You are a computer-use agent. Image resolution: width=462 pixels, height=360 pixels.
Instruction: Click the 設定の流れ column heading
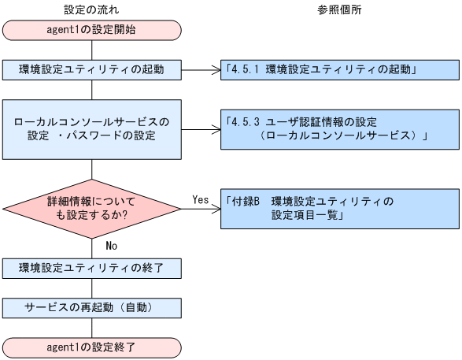click(92, 9)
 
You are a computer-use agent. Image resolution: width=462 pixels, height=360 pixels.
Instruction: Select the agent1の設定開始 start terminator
click(92, 31)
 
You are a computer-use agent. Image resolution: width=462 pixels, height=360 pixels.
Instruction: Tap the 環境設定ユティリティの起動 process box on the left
click(92, 69)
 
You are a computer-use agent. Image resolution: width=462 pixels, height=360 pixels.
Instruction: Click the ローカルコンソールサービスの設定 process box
click(92, 128)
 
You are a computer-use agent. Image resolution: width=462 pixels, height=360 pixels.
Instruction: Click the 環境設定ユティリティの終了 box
click(92, 268)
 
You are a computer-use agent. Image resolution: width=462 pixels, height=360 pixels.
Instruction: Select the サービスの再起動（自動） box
click(92, 306)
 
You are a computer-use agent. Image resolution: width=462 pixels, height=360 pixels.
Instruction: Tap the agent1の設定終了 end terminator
click(92, 346)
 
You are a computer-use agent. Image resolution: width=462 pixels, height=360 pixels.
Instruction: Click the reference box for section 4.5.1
click(339, 69)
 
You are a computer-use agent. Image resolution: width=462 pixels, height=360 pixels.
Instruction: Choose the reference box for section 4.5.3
click(339, 128)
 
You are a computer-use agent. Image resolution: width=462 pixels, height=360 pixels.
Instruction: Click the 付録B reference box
click(339, 208)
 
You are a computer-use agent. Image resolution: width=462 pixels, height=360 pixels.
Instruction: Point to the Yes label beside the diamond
click(200, 200)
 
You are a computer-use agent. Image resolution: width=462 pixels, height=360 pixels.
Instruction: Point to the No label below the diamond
click(112, 245)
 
